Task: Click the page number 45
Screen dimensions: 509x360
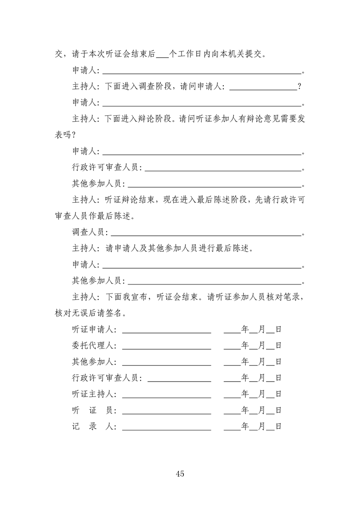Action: tap(180, 474)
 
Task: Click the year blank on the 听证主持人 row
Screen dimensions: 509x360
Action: tap(232, 394)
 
